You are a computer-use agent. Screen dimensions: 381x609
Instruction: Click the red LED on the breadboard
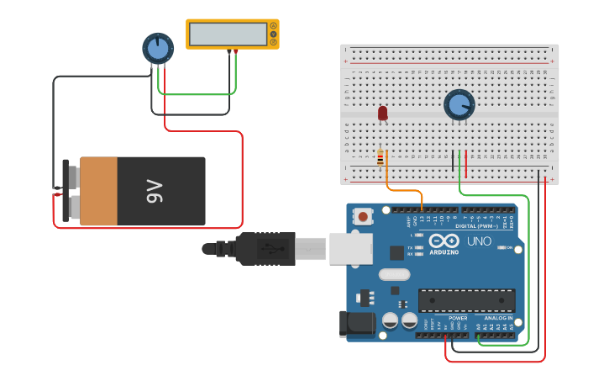pos(383,113)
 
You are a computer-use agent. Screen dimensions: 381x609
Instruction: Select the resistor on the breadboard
pos(381,157)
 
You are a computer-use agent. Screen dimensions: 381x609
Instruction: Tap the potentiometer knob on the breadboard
pos(459,104)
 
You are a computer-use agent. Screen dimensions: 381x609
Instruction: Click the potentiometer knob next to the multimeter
pos(158,48)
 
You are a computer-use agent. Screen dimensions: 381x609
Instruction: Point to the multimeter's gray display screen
pos(228,34)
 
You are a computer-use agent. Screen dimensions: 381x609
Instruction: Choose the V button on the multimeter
pos(273,34)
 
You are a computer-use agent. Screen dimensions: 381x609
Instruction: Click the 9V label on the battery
pos(154,192)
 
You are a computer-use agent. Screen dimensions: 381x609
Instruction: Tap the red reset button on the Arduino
pos(363,216)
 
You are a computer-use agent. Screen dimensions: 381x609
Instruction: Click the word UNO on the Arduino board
pos(479,241)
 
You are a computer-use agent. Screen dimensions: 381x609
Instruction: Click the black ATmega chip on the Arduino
pos(466,300)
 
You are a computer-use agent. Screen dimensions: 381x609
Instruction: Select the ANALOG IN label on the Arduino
pos(498,319)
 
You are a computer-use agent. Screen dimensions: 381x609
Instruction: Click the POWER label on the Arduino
pos(458,319)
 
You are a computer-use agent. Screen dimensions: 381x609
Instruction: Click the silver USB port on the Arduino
pos(351,248)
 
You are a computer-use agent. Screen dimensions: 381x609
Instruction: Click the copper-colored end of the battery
pos(98,191)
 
